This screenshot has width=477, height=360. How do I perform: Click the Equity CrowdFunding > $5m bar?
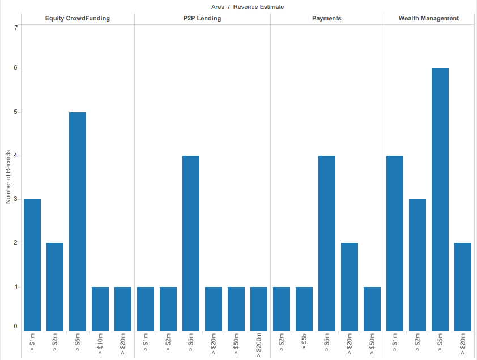tap(78, 221)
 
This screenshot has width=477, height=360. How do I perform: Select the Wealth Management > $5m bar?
tap(440, 199)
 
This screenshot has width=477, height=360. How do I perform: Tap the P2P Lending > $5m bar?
tap(191, 243)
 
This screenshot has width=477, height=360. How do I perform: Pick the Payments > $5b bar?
tap(304, 308)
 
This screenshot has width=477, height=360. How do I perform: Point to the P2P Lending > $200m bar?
tap(259, 308)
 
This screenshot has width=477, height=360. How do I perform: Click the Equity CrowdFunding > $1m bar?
tap(32, 265)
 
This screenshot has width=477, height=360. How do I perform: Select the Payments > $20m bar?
tap(350, 287)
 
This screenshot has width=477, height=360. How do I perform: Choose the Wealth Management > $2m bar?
tap(418, 265)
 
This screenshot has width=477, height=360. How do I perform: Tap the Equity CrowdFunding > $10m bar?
tap(100, 308)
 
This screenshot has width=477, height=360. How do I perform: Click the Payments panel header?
tap(327, 18)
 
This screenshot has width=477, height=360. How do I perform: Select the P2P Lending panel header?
tap(202, 18)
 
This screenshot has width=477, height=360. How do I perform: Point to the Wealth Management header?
tap(429, 18)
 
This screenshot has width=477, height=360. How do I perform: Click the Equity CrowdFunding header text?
tap(78, 18)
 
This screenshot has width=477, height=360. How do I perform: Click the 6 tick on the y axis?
tap(15, 68)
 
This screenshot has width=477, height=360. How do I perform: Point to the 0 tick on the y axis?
tap(15, 326)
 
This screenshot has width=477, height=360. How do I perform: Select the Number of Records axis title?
tap(8, 177)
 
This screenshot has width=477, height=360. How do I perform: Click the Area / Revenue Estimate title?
tap(248, 7)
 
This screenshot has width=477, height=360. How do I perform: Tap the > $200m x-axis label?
tap(259, 345)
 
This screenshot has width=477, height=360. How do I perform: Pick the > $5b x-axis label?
tap(304, 341)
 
